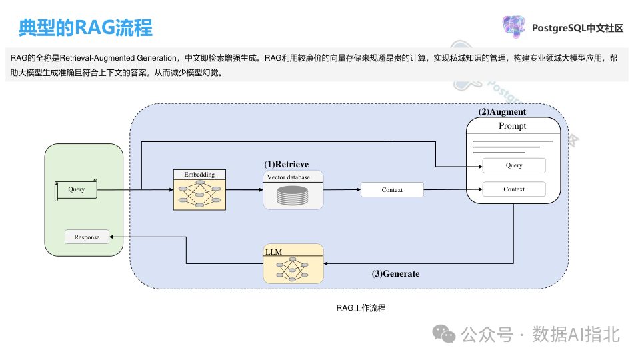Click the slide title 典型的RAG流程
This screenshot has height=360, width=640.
point(85,28)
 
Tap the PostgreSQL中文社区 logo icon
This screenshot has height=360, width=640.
point(514,27)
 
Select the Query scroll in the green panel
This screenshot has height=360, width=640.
point(76,189)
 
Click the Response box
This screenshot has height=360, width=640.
point(87,237)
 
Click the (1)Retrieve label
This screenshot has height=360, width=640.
point(286,164)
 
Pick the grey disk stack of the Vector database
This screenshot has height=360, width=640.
point(293,195)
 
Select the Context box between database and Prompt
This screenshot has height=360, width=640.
point(392,190)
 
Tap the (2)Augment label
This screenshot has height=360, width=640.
point(503,111)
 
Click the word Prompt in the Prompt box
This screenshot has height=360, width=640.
point(513,126)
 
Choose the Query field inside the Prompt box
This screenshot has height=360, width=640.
point(514,165)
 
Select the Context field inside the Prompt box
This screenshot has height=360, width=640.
point(514,189)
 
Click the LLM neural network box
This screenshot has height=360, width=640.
point(293,265)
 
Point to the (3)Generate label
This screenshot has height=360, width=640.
point(396,273)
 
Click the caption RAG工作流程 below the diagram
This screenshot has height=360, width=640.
point(361,308)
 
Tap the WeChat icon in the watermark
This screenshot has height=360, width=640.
point(445,333)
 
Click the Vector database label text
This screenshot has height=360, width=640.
point(288,177)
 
